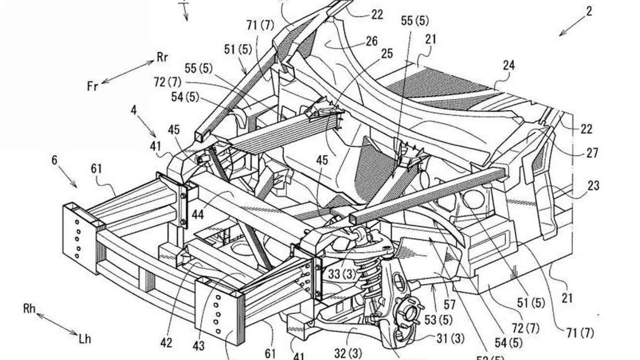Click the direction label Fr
tap(93, 86)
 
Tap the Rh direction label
tap(30, 309)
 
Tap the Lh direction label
tap(85, 338)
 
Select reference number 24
tap(509, 65)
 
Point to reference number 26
tap(371, 42)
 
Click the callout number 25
tap(387, 53)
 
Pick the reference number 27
tap(592, 153)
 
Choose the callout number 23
tap(593, 186)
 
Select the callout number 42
tap(166, 343)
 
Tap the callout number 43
tap(199, 346)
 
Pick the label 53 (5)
tap(438, 320)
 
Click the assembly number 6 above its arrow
tap(54, 160)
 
